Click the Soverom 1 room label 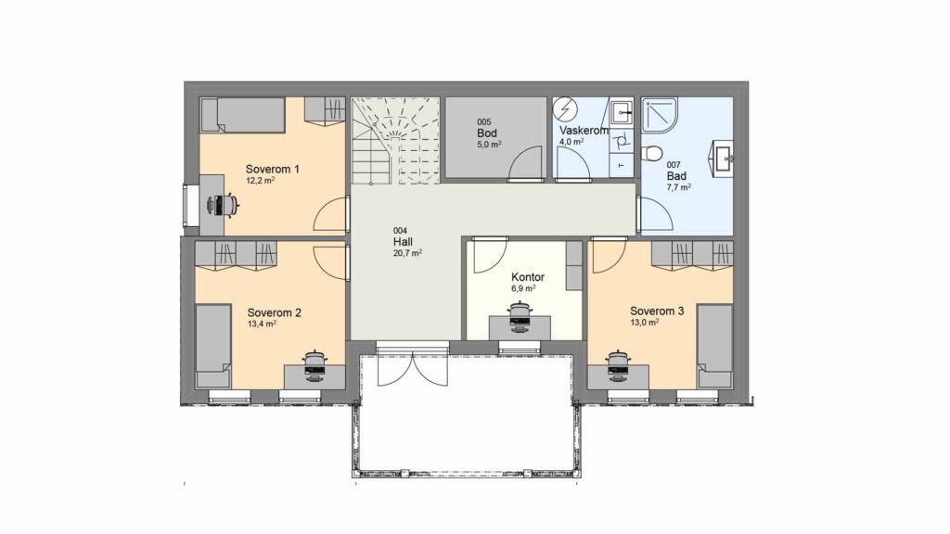point(272,169)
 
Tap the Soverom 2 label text point(274,312)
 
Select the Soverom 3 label point(657,311)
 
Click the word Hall point(403,242)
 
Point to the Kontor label point(528,276)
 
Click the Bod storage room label point(487,133)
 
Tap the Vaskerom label point(584,130)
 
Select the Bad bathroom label point(676,175)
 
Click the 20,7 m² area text point(408,253)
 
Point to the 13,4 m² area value point(262,324)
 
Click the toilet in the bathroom point(652,153)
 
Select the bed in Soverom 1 point(242,115)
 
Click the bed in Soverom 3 point(715,347)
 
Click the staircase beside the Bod point(395,141)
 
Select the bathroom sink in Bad point(723,159)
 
